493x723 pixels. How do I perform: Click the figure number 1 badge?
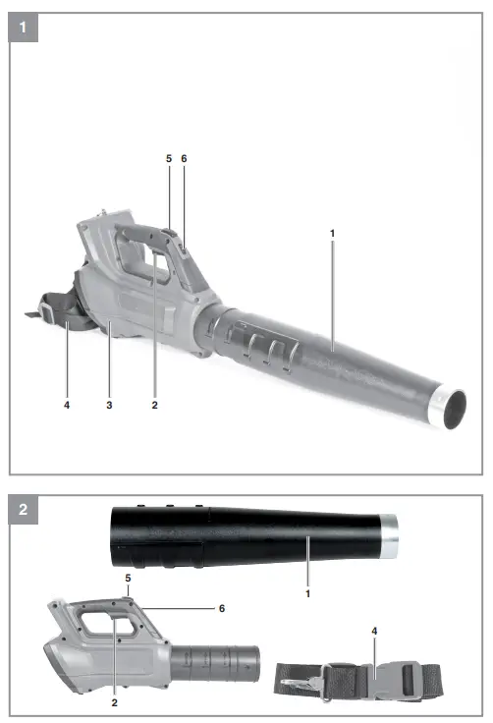[x=23, y=28]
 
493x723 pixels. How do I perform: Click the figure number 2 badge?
[x=23, y=510]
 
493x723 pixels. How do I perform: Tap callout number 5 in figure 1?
[x=169, y=158]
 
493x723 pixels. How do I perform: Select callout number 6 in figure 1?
[x=184, y=158]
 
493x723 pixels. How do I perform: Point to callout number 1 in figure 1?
[x=333, y=234]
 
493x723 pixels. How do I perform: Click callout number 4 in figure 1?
[x=67, y=405]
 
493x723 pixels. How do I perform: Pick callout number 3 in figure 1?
[x=109, y=405]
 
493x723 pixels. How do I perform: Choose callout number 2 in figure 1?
[x=154, y=405]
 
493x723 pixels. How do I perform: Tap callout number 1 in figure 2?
[x=308, y=594]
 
